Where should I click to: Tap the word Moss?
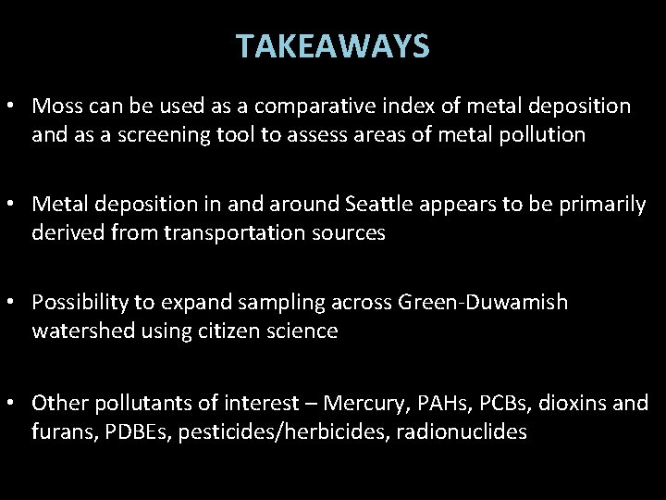coord(55,106)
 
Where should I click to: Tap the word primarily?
coord(599,205)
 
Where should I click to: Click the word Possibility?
coord(80,303)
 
